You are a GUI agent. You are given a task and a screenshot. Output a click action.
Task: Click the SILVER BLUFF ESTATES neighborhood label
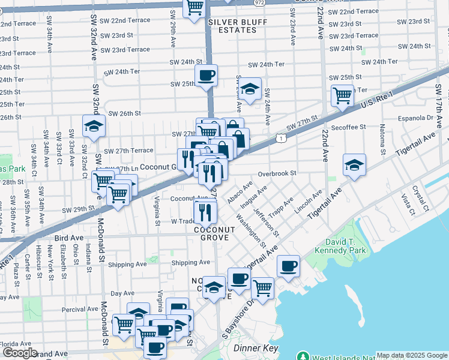[x=232, y=26]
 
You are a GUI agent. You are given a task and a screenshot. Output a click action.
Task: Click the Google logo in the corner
[x=19, y=353]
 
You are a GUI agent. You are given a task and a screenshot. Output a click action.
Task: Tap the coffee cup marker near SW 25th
[x=206, y=76]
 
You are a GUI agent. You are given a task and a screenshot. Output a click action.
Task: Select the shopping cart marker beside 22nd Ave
[x=342, y=95]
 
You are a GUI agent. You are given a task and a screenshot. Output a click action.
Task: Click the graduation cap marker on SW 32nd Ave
[x=94, y=126]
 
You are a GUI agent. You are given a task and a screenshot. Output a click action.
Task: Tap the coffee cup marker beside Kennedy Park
[x=288, y=265]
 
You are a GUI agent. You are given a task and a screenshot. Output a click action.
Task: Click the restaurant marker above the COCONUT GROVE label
[x=205, y=211]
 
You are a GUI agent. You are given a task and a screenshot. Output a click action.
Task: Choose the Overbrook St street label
[x=277, y=173]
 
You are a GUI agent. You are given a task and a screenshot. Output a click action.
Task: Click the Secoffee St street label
[x=348, y=127]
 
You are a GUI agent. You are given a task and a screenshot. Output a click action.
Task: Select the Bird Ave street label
[x=68, y=238]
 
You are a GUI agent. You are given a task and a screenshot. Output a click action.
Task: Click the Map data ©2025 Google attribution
[x=412, y=355]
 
